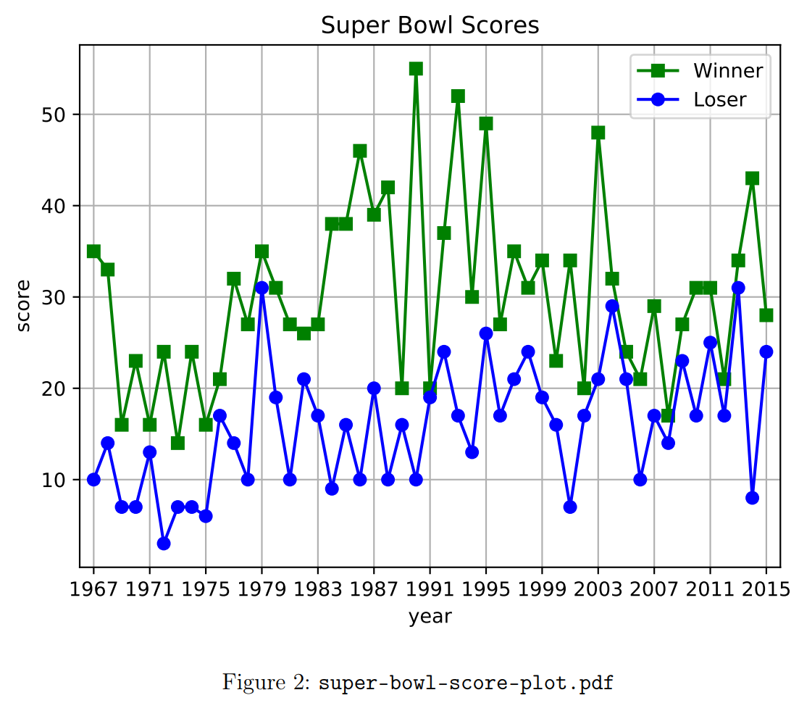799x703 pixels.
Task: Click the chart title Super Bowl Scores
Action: pos(430,25)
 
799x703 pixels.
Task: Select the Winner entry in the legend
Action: pos(727,70)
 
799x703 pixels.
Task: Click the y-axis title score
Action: pos(24,305)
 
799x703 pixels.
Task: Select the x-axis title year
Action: pos(430,617)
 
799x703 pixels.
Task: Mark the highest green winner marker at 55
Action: pos(416,69)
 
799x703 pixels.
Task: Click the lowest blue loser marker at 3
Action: pos(164,543)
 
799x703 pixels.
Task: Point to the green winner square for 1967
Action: pos(93,251)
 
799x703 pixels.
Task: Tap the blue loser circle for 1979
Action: pos(262,288)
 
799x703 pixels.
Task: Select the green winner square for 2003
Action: pos(598,133)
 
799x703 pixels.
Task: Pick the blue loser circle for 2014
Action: pos(752,498)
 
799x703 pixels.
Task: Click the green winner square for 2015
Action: pos(766,315)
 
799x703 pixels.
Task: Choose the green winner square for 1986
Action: pos(360,151)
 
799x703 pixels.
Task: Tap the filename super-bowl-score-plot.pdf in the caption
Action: pos(467,683)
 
